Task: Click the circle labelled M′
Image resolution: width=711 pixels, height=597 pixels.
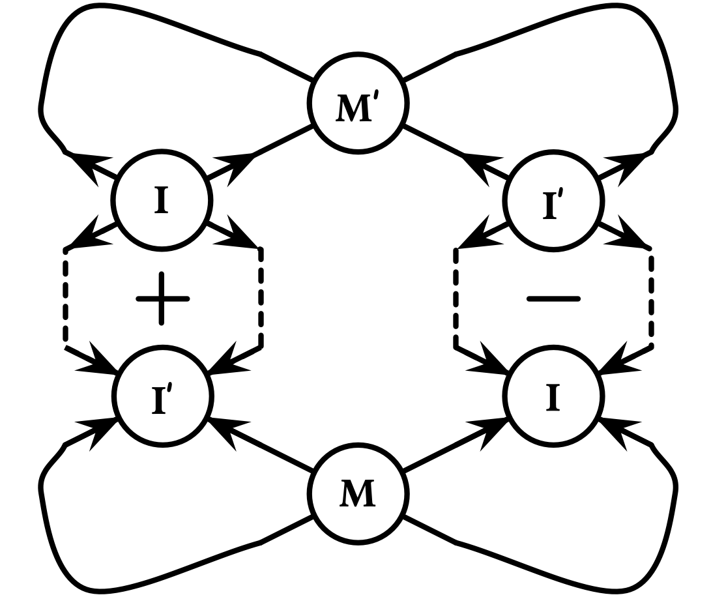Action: tap(358, 103)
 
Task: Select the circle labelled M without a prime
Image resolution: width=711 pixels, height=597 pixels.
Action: tap(358, 494)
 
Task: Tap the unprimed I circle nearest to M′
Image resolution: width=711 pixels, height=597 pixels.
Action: tap(162, 200)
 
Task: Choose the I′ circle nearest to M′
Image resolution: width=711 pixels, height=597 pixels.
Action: tap(553, 201)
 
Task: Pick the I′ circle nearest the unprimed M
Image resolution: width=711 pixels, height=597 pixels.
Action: tap(163, 396)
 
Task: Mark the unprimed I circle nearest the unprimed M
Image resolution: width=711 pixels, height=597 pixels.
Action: tap(553, 396)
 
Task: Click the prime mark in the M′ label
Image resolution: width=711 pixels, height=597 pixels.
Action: tap(376, 97)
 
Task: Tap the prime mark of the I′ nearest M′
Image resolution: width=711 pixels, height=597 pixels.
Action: tap(560, 194)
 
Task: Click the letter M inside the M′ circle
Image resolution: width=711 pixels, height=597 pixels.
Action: tap(353, 109)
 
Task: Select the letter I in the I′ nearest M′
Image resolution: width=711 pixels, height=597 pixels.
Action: tap(549, 207)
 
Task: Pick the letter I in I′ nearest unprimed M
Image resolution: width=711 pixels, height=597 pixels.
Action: tap(158, 401)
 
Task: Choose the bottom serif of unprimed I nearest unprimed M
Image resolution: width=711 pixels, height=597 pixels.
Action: tap(553, 410)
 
